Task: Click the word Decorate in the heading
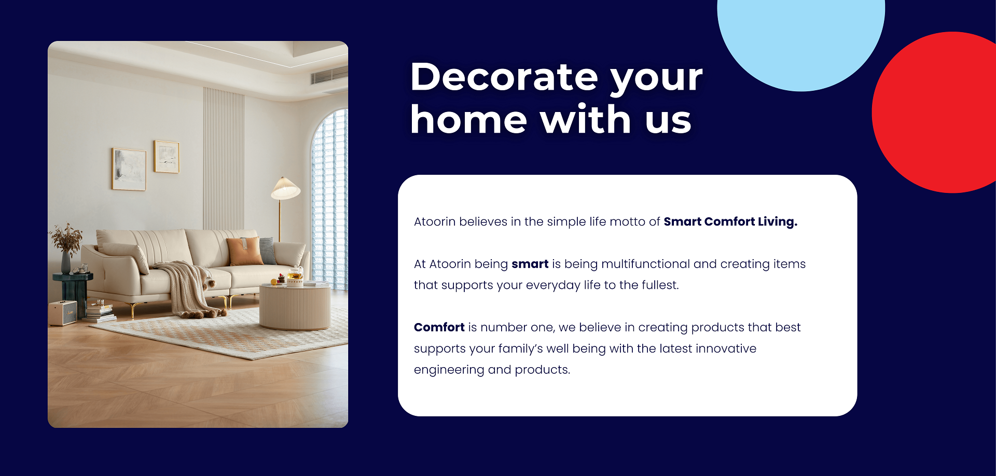(504, 77)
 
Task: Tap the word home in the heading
(468, 119)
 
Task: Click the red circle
(934, 113)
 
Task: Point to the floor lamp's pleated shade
(285, 189)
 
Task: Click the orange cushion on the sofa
(245, 251)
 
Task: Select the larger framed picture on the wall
(129, 169)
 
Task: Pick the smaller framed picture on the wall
(167, 157)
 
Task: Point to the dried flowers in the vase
(66, 239)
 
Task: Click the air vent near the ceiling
(329, 76)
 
